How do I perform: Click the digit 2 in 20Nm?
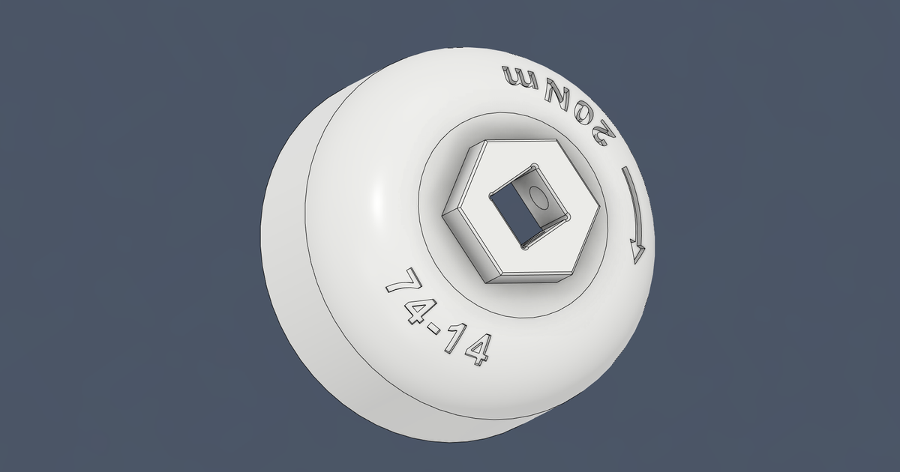coord(601,133)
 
